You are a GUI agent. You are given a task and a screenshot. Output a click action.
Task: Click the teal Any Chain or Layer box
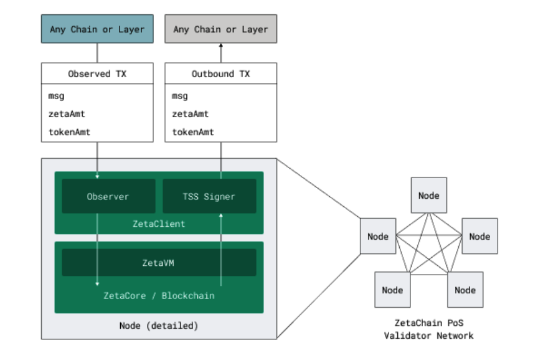(x=97, y=29)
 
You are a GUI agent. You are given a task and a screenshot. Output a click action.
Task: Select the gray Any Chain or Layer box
(x=220, y=29)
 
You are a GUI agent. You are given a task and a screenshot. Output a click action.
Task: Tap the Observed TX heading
(x=97, y=73)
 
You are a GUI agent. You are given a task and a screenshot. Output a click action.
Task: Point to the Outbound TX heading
(x=220, y=73)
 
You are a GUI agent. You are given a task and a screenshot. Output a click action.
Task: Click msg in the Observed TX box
(x=56, y=97)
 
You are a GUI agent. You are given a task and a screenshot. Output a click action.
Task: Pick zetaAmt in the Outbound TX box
(x=190, y=114)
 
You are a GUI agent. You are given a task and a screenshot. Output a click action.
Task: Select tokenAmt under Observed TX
(x=69, y=132)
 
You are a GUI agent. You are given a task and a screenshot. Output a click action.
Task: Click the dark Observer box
(x=108, y=196)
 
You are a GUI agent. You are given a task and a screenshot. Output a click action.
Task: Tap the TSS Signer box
(x=209, y=196)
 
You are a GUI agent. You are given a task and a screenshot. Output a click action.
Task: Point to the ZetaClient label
(x=159, y=224)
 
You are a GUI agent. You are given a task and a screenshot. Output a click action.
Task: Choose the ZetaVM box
(x=159, y=263)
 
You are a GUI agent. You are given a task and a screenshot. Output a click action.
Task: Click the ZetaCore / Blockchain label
(x=159, y=295)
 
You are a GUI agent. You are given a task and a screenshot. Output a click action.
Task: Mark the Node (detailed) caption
(x=159, y=326)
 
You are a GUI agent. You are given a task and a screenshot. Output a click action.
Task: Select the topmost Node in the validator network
(x=428, y=196)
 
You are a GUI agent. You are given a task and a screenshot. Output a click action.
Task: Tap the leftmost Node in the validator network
(x=378, y=236)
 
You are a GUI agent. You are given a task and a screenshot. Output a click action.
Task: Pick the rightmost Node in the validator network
(x=479, y=236)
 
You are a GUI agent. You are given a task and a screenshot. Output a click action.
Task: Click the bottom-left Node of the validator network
(x=392, y=290)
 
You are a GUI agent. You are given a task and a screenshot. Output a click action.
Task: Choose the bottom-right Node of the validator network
(x=465, y=290)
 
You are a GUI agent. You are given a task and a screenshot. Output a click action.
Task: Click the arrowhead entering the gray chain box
(x=220, y=46)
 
